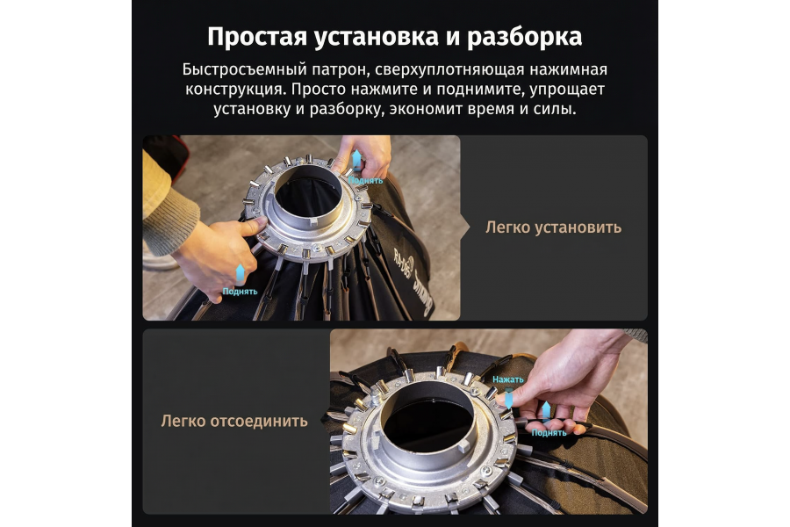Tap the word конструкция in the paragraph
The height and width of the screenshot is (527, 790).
point(233,90)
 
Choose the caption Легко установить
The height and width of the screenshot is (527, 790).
point(553,227)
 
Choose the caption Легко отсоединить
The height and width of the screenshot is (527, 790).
point(234,421)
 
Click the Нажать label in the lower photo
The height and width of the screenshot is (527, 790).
point(507,379)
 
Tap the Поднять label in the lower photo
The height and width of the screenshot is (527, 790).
point(549,432)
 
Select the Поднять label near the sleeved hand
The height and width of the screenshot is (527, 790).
point(240,292)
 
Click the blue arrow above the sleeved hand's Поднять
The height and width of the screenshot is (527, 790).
point(240,273)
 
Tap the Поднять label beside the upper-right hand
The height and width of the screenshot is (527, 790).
point(365,180)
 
